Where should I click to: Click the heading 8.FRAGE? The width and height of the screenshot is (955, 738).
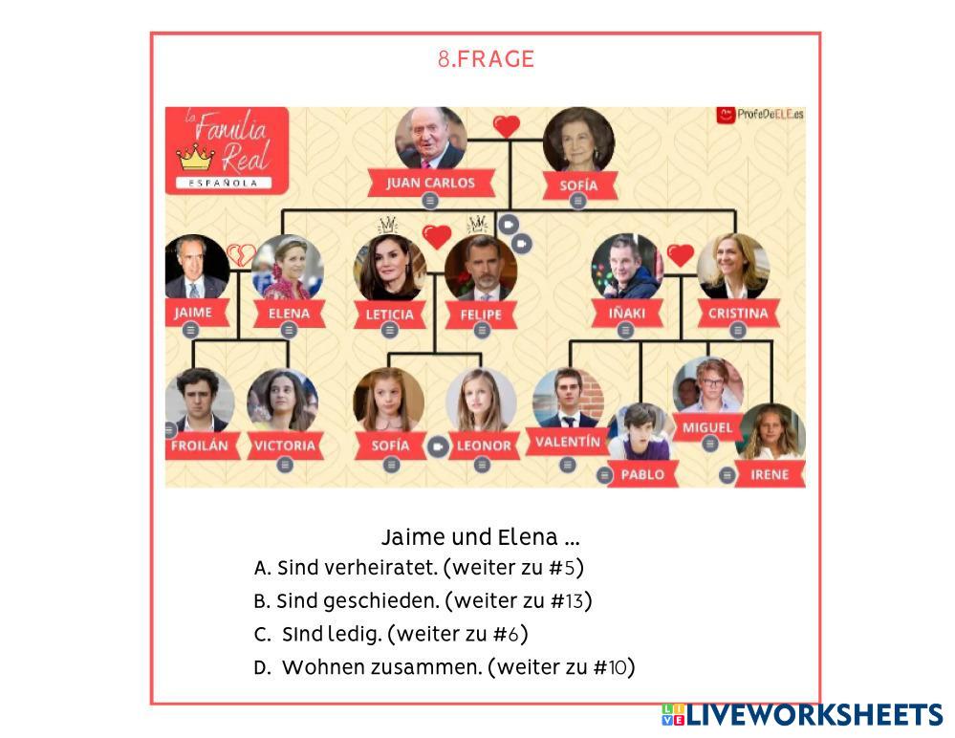486,59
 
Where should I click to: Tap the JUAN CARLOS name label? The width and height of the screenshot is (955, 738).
430,183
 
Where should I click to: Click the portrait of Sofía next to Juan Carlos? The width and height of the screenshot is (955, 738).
578,140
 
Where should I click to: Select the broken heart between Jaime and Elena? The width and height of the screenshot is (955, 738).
241,255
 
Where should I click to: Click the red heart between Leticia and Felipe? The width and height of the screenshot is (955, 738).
437,236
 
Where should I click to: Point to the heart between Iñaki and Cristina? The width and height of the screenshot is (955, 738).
680,255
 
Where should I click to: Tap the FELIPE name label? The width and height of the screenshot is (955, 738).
482,315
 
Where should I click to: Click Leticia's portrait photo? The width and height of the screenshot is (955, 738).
389,268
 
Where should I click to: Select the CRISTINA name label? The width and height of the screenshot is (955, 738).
737,313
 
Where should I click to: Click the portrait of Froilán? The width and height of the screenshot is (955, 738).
199,401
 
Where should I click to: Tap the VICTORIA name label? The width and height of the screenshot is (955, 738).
284,445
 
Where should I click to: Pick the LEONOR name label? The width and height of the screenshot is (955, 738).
482,445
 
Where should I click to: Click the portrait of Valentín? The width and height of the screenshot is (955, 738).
568,400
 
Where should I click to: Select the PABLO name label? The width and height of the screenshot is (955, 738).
642,474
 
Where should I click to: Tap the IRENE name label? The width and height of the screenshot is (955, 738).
770,474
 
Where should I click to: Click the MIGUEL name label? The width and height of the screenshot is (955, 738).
708,427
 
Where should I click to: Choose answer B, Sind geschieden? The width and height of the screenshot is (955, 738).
423,601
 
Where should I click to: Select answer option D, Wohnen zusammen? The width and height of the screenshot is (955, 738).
445,667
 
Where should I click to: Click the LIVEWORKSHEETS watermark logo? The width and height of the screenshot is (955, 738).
802,715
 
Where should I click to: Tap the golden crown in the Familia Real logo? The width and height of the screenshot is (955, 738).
195,157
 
